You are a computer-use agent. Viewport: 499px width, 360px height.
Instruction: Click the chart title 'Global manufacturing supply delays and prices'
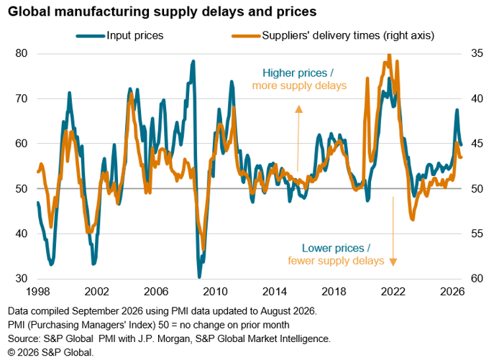[162, 11]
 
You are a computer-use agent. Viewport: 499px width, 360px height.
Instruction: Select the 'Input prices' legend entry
[119, 35]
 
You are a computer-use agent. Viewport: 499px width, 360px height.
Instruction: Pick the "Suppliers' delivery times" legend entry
[333, 35]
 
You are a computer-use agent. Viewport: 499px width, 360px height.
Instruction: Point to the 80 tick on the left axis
[22, 53]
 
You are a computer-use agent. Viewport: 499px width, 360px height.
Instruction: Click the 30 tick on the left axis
[22, 279]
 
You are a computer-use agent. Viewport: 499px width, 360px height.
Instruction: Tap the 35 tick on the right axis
[477, 53]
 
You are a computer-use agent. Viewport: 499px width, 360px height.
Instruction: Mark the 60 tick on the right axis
[477, 279]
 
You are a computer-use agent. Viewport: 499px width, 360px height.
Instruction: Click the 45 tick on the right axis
[477, 144]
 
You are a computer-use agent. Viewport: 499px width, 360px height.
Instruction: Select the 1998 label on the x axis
[38, 292]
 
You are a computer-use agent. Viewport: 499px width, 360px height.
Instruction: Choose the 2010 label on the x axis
[216, 292]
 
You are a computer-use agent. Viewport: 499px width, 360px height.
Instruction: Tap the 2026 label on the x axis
[452, 292]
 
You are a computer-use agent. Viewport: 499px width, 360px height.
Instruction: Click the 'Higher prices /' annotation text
[298, 73]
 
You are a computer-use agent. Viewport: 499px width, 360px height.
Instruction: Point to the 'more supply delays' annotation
[299, 86]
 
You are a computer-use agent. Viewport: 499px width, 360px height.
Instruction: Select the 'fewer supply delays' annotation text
[336, 261]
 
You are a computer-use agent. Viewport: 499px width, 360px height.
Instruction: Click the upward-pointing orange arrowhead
[298, 109]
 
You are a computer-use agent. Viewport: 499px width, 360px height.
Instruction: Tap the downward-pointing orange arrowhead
[393, 262]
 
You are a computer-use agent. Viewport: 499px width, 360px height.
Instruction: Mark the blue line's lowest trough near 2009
[200, 277]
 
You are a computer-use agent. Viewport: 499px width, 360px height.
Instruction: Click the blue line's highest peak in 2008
[193, 61]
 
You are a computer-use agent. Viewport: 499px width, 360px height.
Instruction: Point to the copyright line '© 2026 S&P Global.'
[50, 352]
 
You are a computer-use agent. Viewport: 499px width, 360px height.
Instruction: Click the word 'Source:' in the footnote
[24, 338]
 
